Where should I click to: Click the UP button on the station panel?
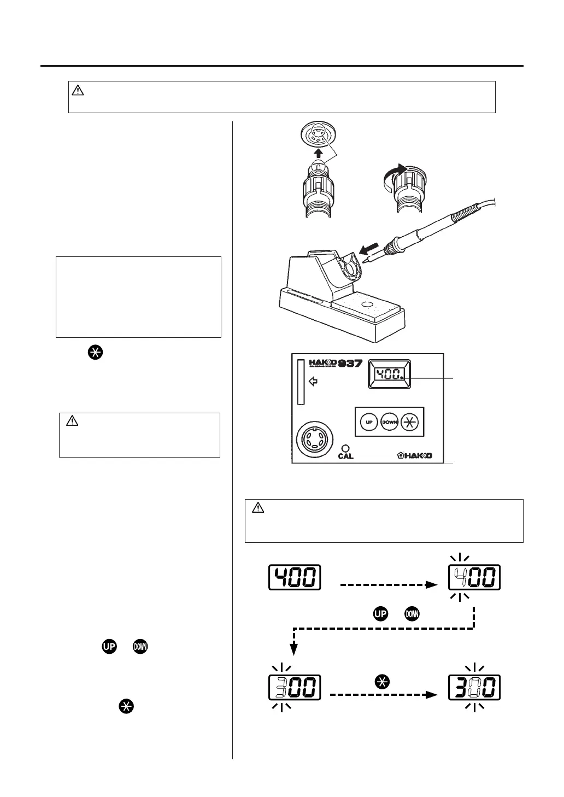[369, 422]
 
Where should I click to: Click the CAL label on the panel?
[345, 456]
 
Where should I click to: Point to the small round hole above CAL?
[345, 447]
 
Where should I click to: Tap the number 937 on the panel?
[350, 363]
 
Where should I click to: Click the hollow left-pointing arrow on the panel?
[313, 382]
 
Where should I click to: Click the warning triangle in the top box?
[78, 91]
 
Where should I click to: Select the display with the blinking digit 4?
[474, 578]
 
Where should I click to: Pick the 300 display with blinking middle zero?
[474, 688]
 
